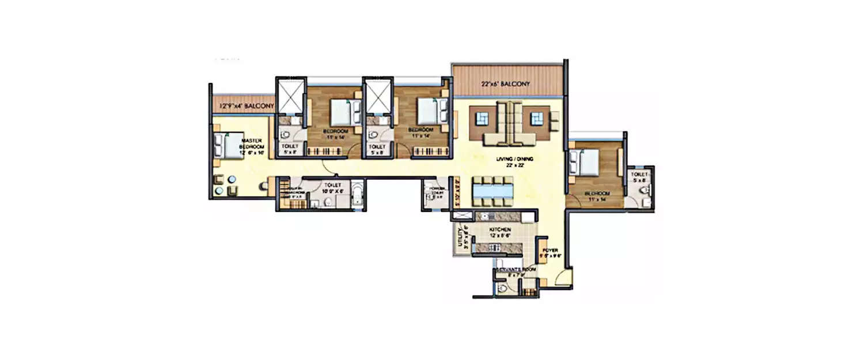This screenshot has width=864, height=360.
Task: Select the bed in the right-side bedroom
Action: point(582,163)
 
